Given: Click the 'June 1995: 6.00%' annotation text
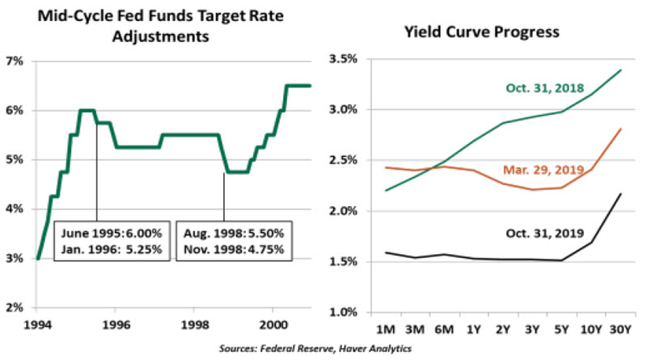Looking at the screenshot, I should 112,232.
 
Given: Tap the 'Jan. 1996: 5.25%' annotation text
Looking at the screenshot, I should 112,248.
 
